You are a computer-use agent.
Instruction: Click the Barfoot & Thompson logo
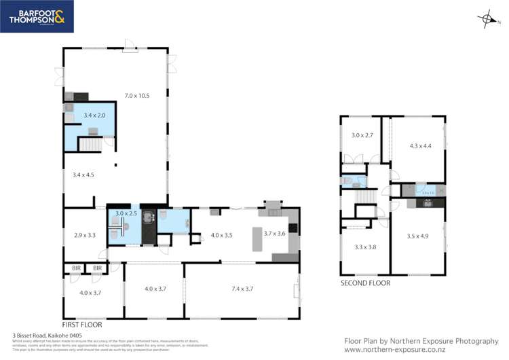point(37,17)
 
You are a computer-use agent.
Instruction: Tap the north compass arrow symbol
point(483,20)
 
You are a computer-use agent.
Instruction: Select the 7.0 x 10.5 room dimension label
point(136,96)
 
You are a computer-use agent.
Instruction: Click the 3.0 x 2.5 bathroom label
point(126,214)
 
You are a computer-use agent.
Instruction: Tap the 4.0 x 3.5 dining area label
point(221,235)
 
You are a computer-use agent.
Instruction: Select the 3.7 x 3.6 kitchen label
point(275,234)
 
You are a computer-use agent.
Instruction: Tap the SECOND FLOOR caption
point(366,283)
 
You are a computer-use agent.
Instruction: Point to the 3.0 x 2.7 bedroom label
point(362,135)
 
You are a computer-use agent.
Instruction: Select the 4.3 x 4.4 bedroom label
point(420,145)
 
